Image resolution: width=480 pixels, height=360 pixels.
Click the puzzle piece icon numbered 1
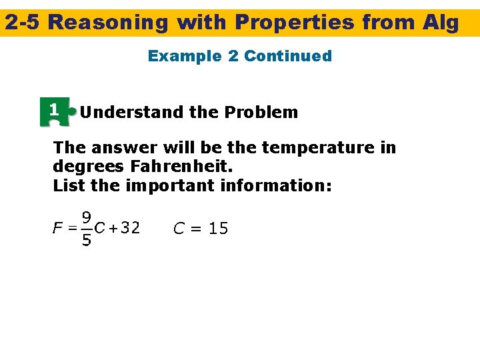point(57,111)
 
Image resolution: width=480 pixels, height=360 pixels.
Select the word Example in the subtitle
point(185,56)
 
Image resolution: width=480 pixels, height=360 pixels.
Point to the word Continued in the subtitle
point(288,56)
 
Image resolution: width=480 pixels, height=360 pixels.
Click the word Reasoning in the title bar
point(109,23)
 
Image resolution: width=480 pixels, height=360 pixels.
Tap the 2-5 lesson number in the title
point(23,23)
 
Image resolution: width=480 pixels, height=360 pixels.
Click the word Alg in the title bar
point(441,23)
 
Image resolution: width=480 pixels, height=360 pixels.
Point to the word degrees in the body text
point(82,166)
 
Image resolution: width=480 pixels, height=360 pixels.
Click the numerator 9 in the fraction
point(87,217)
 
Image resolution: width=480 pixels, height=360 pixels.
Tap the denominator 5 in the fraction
point(87,240)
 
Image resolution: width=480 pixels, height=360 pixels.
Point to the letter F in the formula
point(57,229)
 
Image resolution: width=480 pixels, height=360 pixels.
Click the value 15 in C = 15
point(218,229)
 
